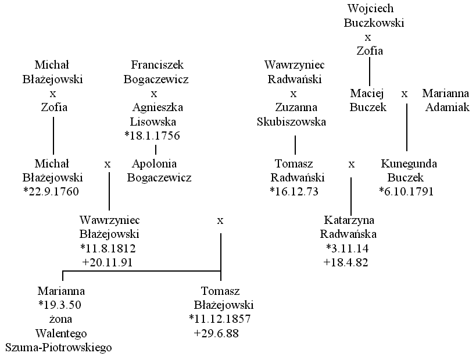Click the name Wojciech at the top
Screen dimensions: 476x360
pyautogui.click(x=370, y=9)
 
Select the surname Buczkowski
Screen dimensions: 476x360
pyautogui.click(x=374, y=23)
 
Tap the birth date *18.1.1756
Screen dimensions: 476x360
pyautogui.click(x=152, y=136)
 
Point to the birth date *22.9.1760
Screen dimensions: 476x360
pyautogui.click(x=51, y=192)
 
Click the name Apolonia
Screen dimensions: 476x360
pyautogui.click(x=154, y=164)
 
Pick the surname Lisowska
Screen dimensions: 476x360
pyautogui.click(x=153, y=122)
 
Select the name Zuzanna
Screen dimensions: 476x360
pyautogui.click(x=296, y=107)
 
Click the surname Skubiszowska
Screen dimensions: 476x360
pyautogui.click(x=291, y=122)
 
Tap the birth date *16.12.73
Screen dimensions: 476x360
pyautogui.click(x=294, y=192)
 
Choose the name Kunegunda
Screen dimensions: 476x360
pyautogui.click(x=409, y=164)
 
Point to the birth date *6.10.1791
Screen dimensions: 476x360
pyautogui.click(x=406, y=192)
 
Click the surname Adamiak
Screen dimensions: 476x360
pyautogui.click(x=448, y=107)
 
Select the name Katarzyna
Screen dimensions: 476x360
pyautogui.click(x=349, y=220)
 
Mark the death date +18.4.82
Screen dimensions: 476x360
pyautogui.click(x=346, y=262)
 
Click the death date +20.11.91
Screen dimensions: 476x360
pyautogui.click(x=108, y=262)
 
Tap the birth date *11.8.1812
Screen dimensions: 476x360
pyautogui.click(x=108, y=248)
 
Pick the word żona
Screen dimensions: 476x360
pyautogui.click(x=60, y=319)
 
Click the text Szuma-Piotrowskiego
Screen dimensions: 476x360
pyautogui.click(x=59, y=348)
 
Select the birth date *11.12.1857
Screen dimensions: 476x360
pyautogui.click(x=220, y=319)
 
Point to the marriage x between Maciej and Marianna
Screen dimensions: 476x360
pyautogui.click(x=405, y=94)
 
